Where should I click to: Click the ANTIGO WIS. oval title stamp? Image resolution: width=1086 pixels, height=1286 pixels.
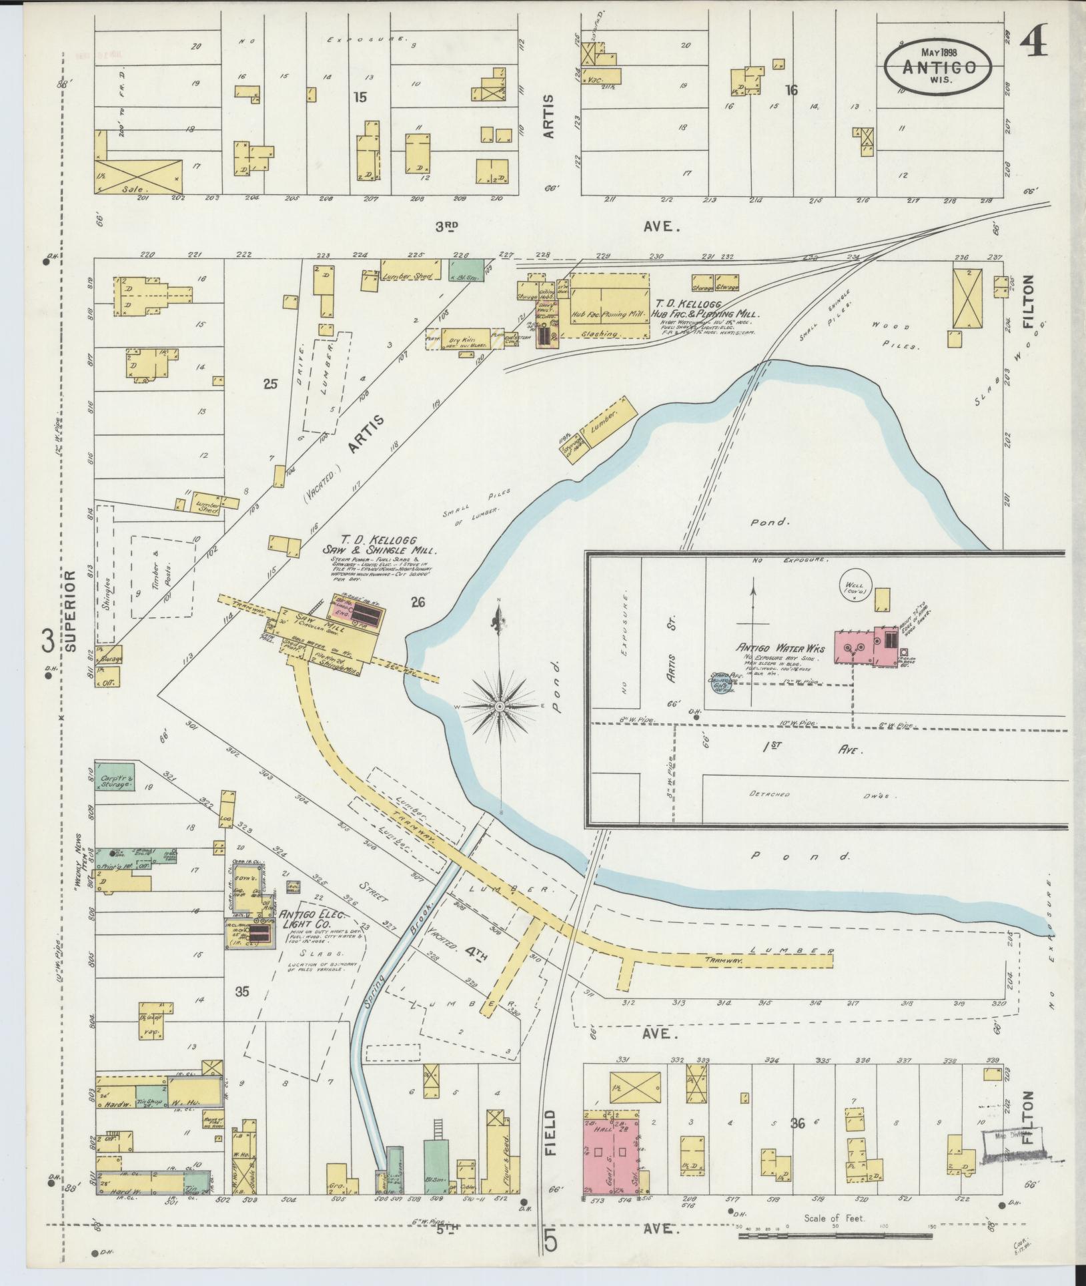(x=939, y=65)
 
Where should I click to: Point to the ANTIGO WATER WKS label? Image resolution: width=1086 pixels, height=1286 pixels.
(x=780, y=648)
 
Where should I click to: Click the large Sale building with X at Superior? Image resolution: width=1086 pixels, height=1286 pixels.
(x=139, y=176)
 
